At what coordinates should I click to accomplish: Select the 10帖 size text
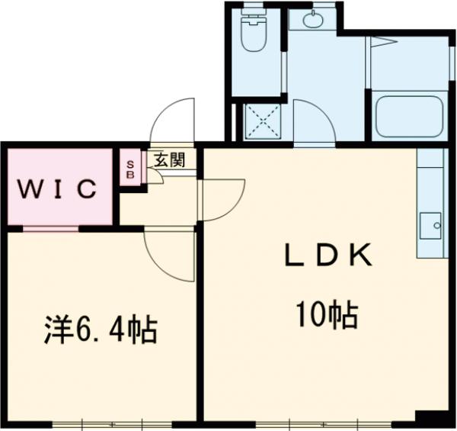328,314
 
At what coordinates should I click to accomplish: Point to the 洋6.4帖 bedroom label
99,330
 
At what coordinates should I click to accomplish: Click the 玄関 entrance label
168,160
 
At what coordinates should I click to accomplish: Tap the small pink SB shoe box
129,169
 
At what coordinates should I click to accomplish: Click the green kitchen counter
430,202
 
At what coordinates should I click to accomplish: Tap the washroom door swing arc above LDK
314,122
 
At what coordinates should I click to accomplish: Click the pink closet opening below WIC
50,227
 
